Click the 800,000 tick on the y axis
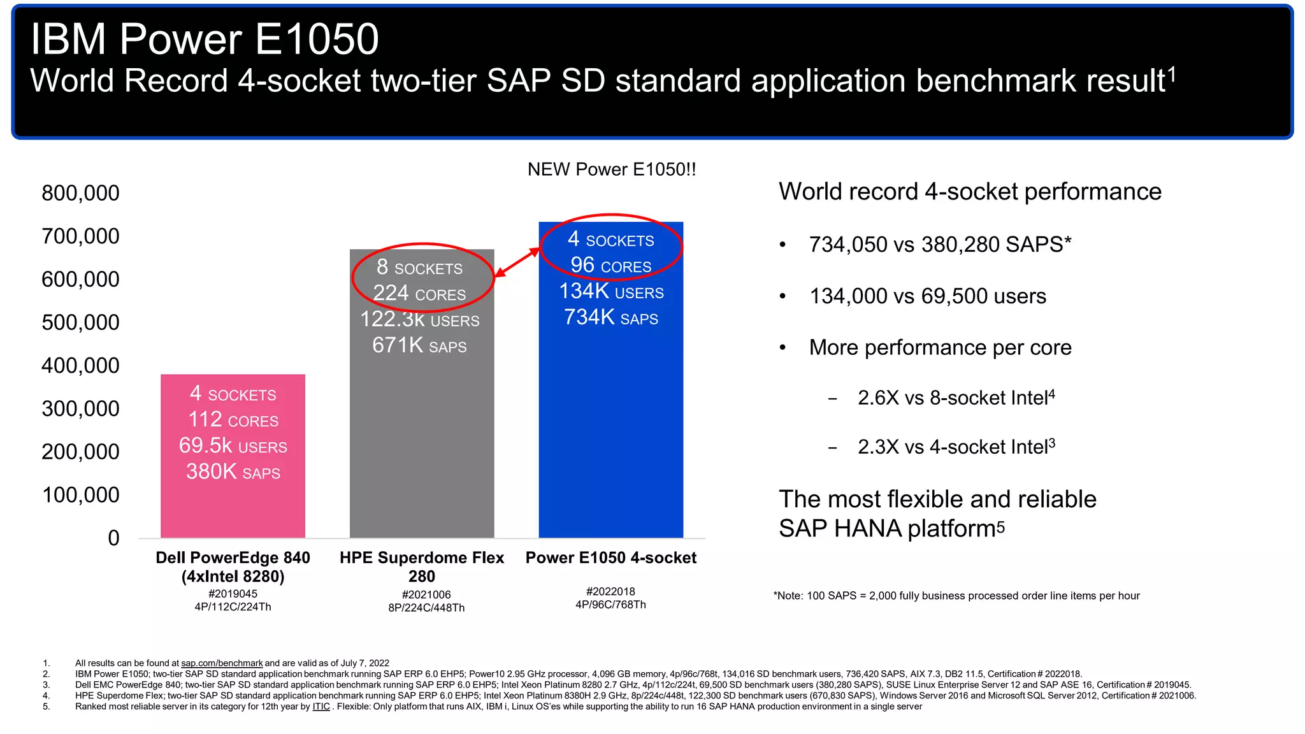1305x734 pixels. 80,193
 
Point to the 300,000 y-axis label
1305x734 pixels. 80,408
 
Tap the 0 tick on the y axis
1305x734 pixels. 113,538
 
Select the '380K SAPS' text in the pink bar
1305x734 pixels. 233,472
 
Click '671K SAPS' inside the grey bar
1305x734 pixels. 419,345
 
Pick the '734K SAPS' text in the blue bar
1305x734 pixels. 610,317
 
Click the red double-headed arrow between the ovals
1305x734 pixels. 517,263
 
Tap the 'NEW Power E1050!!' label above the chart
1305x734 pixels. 611,169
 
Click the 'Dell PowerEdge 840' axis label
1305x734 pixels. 233,558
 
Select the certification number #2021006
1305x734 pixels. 426,594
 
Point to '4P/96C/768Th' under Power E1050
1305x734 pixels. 610,605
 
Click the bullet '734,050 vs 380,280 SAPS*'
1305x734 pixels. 940,244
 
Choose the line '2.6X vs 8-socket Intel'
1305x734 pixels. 955,398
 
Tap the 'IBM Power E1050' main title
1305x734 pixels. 205,40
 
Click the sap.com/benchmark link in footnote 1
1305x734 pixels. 222,663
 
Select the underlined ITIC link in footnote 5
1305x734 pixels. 321,707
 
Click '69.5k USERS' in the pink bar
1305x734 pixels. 233,446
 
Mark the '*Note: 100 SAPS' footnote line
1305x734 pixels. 956,596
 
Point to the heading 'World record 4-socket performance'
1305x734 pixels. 969,192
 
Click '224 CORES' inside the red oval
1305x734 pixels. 419,293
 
